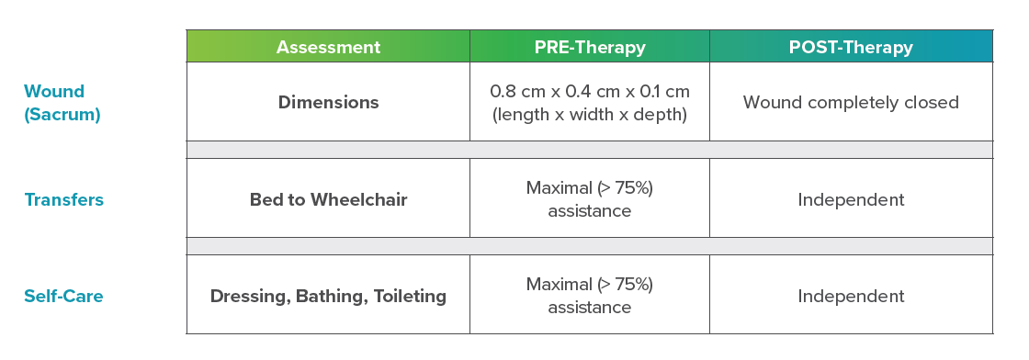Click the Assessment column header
[x=328, y=47]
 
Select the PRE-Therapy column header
[x=590, y=47]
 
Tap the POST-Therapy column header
[x=851, y=47]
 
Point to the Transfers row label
[x=63, y=200]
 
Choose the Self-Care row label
[x=63, y=296]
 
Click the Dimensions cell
[x=328, y=102]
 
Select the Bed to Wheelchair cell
[x=328, y=199]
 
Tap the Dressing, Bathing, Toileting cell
[x=328, y=296]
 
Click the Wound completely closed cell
[x=851, y=102]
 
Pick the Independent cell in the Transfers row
[x=851, y=199]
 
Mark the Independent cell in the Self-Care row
[x=851, y=296]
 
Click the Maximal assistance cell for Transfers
[x=590, y=199]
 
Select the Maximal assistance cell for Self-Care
[x=590, y=296]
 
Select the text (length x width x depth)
[x=590, y=115]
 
